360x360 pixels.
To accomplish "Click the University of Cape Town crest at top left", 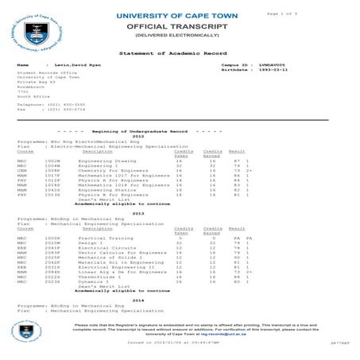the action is pos(33,30).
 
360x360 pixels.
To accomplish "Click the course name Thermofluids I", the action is pos(96,277).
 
